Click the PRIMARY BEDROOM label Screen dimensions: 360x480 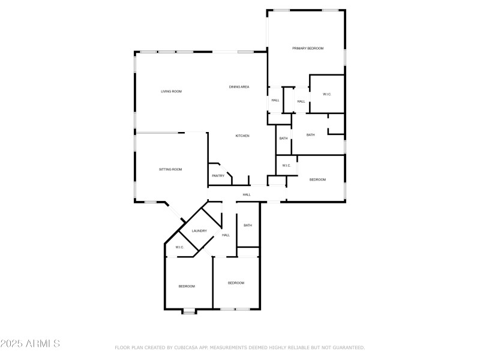308,48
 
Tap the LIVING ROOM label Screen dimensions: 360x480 171,91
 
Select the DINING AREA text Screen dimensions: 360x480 239,87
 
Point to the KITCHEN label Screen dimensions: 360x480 242,136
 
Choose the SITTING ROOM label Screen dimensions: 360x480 170,170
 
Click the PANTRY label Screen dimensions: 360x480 218,176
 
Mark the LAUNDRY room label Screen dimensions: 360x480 199,231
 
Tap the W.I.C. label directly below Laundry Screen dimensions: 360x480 179,247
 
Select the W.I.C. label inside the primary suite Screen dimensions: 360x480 327,94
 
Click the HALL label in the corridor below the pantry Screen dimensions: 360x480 246,195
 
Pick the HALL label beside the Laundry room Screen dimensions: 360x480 226,235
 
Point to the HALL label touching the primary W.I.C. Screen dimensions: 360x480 301,101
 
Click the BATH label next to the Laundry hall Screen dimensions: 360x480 248,226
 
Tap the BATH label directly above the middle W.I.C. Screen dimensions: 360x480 283,139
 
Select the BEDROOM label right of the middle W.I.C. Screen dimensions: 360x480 317,180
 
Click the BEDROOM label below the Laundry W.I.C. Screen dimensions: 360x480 187,286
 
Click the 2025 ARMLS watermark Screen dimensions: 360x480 30,344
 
